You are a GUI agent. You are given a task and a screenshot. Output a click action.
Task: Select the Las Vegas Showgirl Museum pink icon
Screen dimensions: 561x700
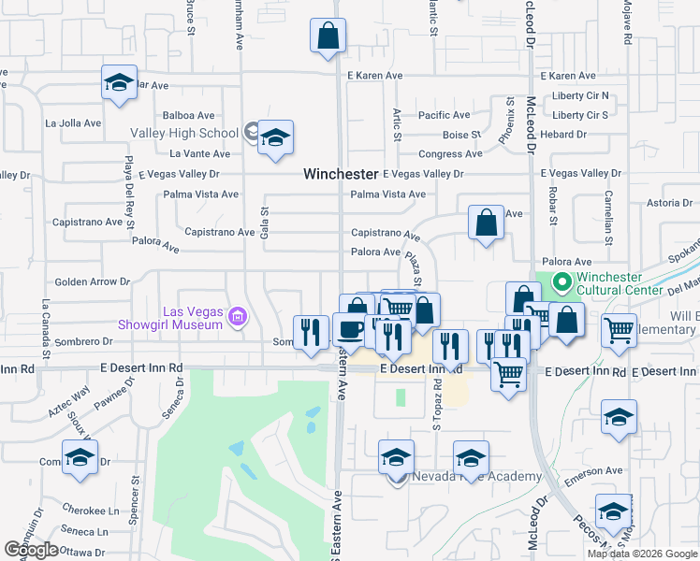tap(238, 318)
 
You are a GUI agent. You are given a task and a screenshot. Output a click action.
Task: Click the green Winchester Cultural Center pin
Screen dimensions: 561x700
tap(561, 281)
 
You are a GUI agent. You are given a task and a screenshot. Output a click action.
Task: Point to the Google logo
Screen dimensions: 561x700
tap(32, 550)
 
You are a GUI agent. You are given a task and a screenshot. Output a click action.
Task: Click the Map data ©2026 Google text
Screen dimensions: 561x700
tap(642, 554)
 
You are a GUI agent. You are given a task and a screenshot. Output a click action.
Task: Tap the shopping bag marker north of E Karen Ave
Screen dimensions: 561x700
tap(328, 37)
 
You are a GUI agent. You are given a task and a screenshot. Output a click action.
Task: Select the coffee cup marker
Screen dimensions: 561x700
tap(349, 330)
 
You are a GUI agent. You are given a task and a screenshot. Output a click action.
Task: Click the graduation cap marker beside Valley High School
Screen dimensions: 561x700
tap(275, 138)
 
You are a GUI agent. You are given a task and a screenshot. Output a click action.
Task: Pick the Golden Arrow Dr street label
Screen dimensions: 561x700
tap(92, 281)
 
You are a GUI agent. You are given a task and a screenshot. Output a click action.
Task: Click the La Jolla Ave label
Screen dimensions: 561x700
tap(73, 122)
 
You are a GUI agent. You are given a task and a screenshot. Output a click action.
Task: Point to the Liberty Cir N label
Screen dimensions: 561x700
tap(580, 95)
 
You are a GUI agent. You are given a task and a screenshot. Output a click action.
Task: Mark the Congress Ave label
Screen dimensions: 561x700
tap(450, 154)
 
